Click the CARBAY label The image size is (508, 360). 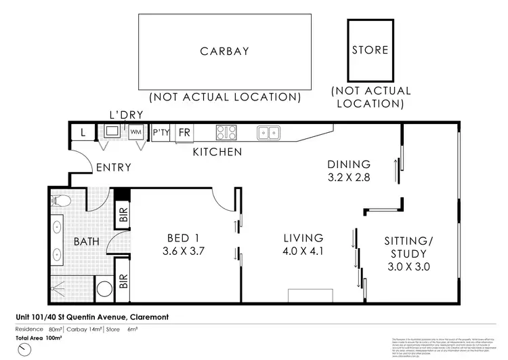tap(224, 51)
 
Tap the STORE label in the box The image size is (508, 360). tap(370, 49)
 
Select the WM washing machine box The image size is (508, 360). tap(137, 131)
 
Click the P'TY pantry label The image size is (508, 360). tap(161, 132)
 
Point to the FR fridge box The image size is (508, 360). tap(183, 132)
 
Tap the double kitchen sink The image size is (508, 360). tap(269, 132)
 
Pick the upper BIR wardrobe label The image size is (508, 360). tap(123, 214)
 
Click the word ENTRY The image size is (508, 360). tap(113, 167)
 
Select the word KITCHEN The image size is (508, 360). tap(217, 152)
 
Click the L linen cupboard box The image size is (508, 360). tap(83, 132)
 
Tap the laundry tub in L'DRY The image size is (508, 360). tap(112, 130)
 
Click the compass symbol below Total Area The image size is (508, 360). tap(25, 349)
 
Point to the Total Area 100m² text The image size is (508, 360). tap(39, 337)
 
